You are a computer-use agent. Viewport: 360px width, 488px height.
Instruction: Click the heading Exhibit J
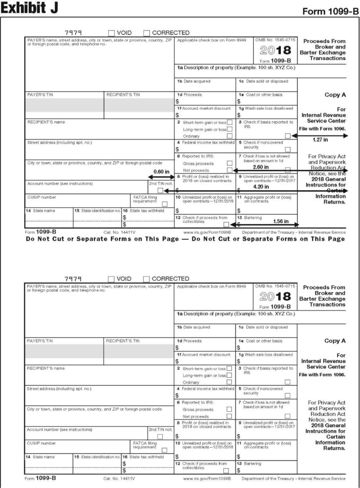click(30, 8)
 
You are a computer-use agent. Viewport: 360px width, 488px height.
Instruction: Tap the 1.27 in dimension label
click(321, 140)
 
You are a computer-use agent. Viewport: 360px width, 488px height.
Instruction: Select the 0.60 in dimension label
click(162, 172)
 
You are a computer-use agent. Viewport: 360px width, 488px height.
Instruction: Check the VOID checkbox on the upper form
click(112, 33)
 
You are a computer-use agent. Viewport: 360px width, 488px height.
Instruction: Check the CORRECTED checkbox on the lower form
click(147, 279)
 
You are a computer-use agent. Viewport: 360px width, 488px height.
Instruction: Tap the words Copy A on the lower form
click(335, 341)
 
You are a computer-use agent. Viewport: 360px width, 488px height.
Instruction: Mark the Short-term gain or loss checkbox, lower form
click(229, 368)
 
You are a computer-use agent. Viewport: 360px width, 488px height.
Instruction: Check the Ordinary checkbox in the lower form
click(229, 382)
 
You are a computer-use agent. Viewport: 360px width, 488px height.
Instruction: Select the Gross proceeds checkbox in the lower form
click(229, 409)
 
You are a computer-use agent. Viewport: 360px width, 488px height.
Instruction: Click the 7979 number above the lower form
click(73, 279)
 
